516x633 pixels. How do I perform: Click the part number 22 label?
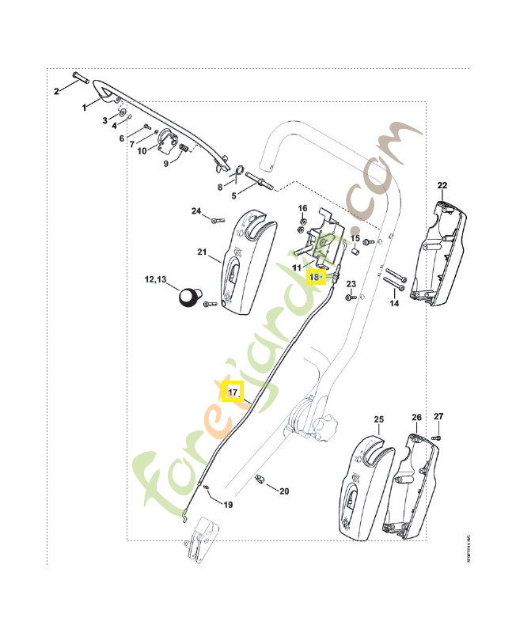pyautogui.click(x=442, y=186)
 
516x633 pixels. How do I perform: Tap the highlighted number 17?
pyautogui.click(x=232, y=391)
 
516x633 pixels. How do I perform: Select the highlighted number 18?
pyautogui.click(x=316, y=277)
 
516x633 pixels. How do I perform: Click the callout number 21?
pyautogui.click(x=202, y=254)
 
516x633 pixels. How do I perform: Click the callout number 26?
pyautogui.click(x=416, y=418)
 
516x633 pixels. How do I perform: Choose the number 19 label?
pyautogui.click(x=228, y=505)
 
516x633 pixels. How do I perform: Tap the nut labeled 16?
pyautogui.click(x=302, y=229)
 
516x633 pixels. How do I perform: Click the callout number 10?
pyautogui.click(x=142, y=150)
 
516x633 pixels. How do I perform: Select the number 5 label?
pyautogui.click(x=233, y=195)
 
